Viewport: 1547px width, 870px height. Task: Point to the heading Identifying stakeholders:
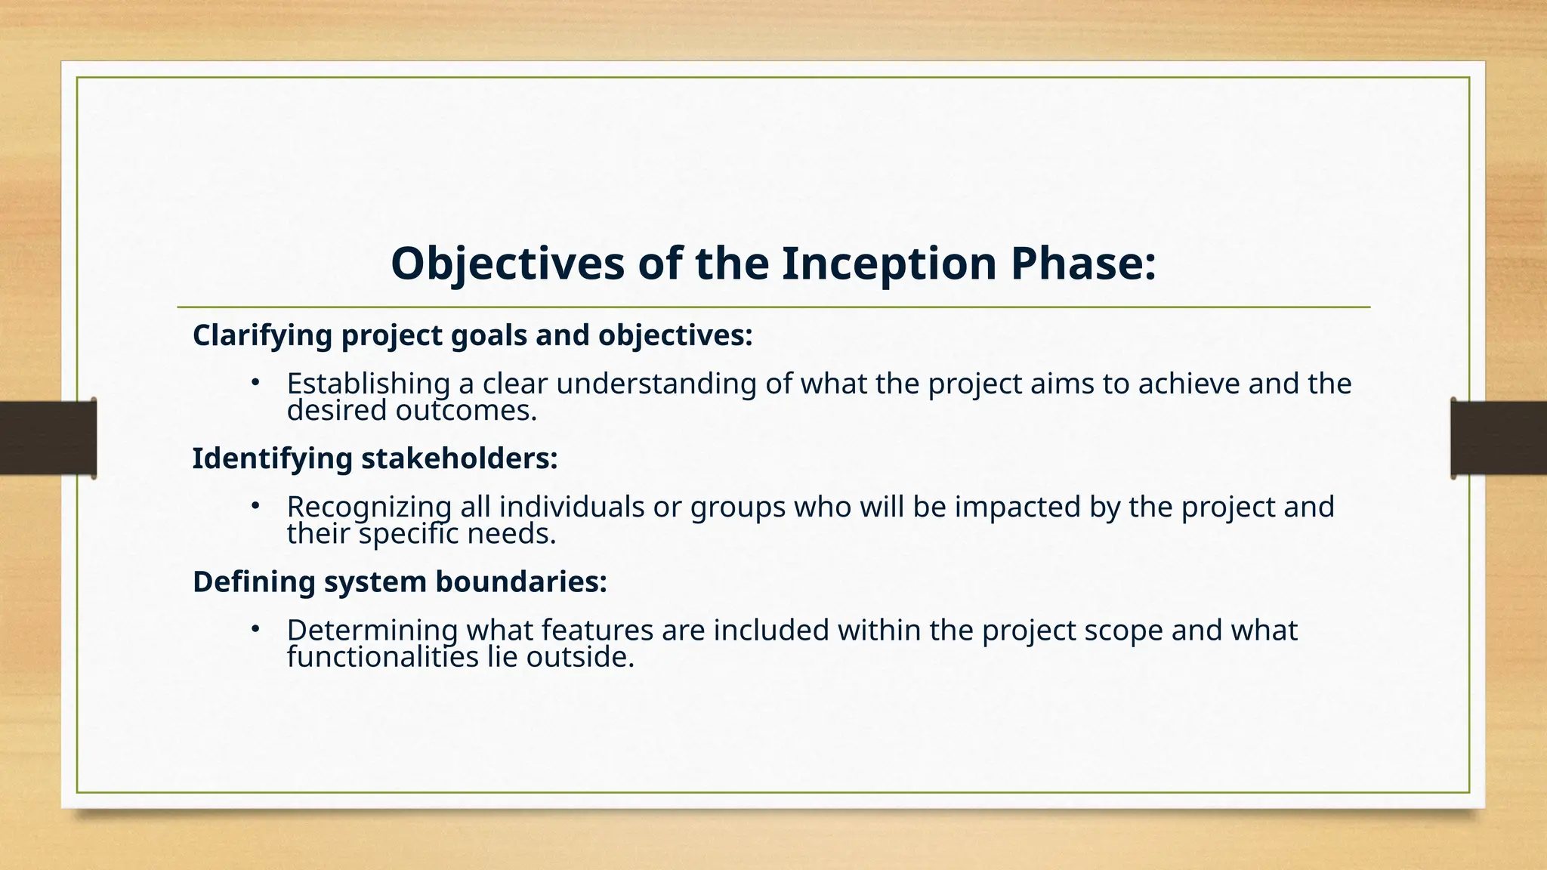pyautogui.click(x=375, y=458)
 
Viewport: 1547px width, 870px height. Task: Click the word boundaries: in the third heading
pyautogui.click(x=521, y=582)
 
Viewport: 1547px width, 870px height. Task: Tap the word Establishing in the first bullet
pyautogui.click(x=368, y=384)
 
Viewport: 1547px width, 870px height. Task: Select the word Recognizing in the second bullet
pyautogui.click(x=369, y=507)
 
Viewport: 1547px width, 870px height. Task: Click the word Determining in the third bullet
pyautogui.click(x=372, y=630)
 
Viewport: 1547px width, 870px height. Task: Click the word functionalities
pyautogui.click(x=383, y=657)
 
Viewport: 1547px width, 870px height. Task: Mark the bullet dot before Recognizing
pyautogui.click(x=255, y=505)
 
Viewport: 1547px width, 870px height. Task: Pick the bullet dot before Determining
pyautogui.click(x=255, y=628)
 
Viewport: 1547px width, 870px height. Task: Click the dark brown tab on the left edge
pyautogui.click(x=48, y=438)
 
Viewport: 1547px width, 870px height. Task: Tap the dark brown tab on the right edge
pyautogui.click(x=1499, y=438)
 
